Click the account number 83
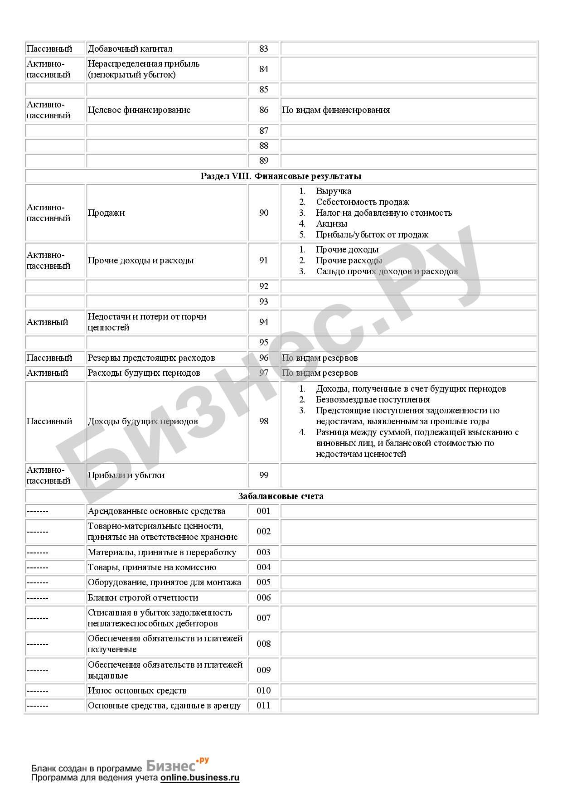263,49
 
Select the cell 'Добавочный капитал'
130,49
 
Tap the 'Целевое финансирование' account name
139,110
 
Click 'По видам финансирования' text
336,110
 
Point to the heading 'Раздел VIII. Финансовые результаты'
281,176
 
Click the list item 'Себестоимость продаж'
363,202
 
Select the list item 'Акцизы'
332,224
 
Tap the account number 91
263,261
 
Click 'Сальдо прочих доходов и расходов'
387,271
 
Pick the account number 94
263,322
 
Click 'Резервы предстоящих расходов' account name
151,358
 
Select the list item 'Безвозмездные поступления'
373,400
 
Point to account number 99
263,475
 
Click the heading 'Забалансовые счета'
281,496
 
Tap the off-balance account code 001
263,511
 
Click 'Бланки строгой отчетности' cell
143,598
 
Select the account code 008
263,644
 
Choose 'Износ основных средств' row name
137,691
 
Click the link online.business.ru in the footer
199,778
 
